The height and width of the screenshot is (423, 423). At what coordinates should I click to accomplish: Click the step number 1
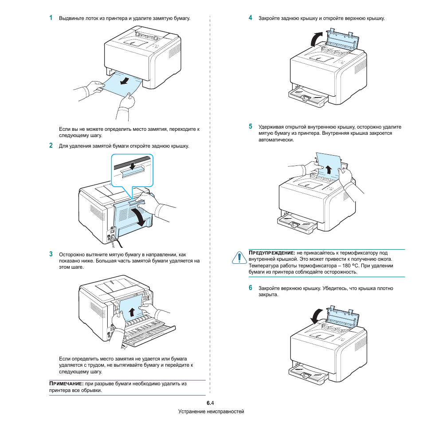click(x=51, y=18)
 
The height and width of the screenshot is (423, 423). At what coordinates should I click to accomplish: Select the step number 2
click(x=51, y=145)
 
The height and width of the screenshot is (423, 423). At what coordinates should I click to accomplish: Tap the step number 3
click(x=51, y=254)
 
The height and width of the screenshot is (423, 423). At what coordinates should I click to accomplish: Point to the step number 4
click(x=251, y=18)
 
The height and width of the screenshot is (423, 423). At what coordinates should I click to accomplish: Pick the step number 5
click(x=251, y=126)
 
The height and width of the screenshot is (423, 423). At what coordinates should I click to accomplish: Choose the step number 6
click(x=251, y=288)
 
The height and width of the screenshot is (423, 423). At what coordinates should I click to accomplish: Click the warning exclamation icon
click(x=239, y=257)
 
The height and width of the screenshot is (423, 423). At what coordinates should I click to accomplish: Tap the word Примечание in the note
click(x=66, y=384)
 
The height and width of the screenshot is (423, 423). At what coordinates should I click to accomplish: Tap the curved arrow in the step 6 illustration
click(x=316, y=315)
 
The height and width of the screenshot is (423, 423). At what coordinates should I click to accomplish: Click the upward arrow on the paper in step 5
click(x=329, y=169)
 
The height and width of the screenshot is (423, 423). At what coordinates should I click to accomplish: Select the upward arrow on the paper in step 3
click(x=131, y=313)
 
